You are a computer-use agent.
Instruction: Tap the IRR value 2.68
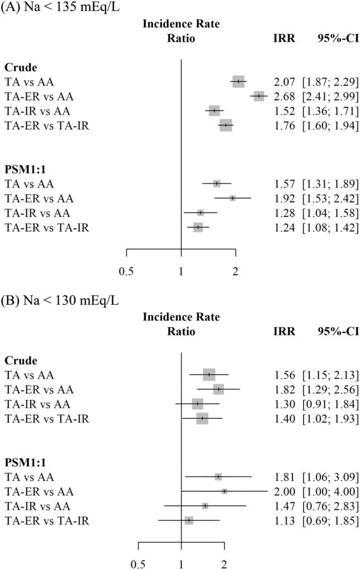(284, 96)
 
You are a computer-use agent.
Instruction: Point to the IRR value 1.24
(284, 228)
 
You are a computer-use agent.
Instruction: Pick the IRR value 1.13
(284, 520)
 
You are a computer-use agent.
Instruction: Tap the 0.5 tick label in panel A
(127, 272)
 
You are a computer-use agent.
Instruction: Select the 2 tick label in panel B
(224, 564)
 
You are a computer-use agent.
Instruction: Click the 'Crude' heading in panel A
(21, 67)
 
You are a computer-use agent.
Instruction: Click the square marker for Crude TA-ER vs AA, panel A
(258, 96)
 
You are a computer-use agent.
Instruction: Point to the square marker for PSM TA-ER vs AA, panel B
(224, 491)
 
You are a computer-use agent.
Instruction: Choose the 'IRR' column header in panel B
(284, 331)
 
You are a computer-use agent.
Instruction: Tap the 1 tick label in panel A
(181, 272)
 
